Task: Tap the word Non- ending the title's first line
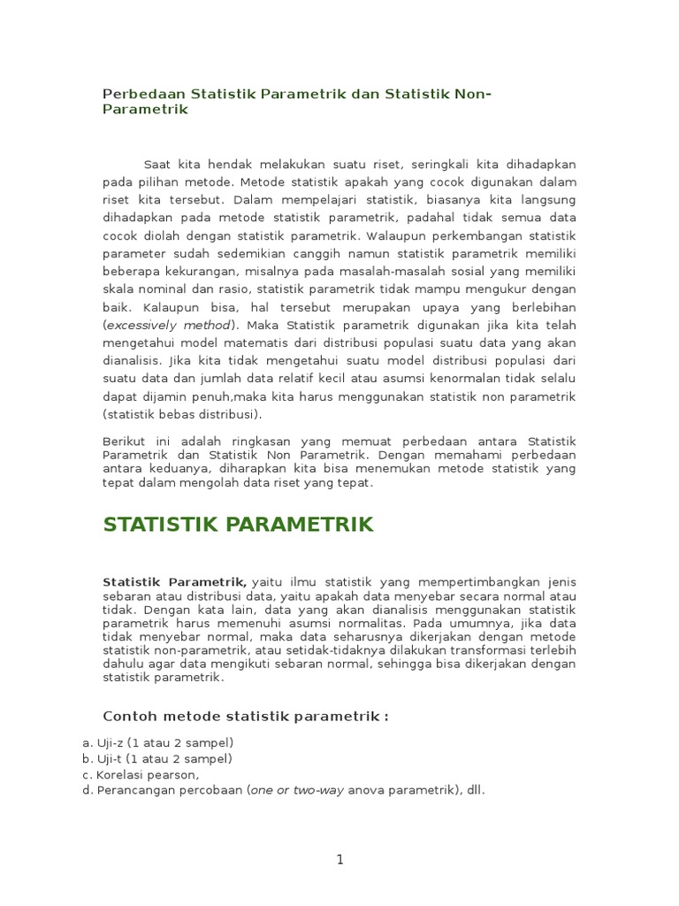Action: (x=472, y=94)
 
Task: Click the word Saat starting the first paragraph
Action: (x=158, y=165)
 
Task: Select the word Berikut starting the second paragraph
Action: (x=124, y=441)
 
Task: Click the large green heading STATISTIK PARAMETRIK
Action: (x=239, y=525)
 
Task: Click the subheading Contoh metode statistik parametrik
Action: (x=246, y=716)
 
